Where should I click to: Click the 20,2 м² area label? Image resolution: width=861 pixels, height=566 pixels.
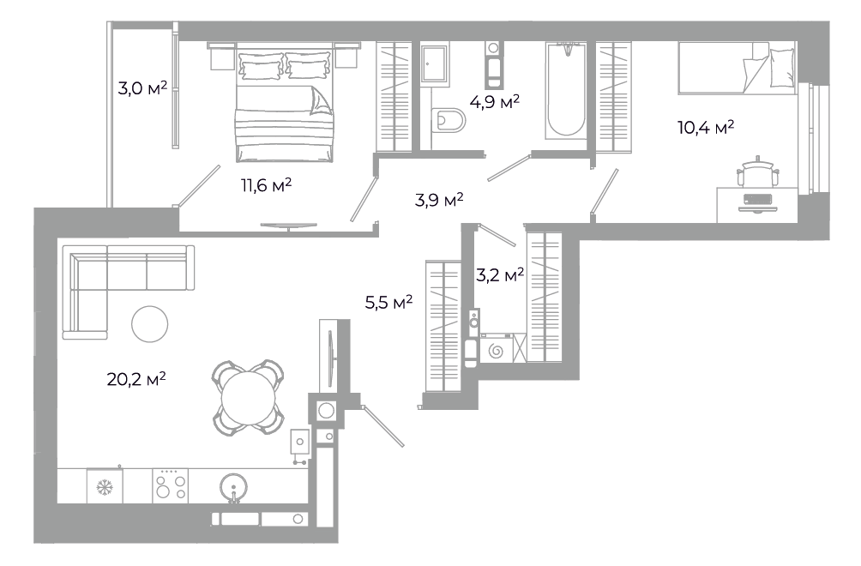point(136,379)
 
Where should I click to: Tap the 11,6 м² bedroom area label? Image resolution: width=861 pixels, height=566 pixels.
point(267,185)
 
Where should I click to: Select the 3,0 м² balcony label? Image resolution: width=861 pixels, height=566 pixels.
point(142,87)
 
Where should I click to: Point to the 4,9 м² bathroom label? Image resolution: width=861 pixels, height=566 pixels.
point(494,101)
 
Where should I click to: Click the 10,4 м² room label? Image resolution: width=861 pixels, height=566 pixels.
point(706,128)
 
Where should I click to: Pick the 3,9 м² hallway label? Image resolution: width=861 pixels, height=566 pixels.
point(439,200)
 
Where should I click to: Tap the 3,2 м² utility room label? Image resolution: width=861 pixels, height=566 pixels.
point(500,274)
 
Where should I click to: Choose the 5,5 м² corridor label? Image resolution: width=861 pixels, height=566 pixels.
point(388,301)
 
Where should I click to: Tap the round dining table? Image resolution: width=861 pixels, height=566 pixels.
point(248,397)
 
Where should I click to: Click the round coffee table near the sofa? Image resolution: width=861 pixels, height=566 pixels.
point(149,324)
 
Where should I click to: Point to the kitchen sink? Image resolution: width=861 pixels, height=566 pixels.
point(234,487)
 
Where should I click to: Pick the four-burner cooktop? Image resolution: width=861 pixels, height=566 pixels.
point(170,486)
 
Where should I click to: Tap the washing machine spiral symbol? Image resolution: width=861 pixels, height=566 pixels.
point(496,350)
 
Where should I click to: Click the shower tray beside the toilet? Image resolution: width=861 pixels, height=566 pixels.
point(435,65)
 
